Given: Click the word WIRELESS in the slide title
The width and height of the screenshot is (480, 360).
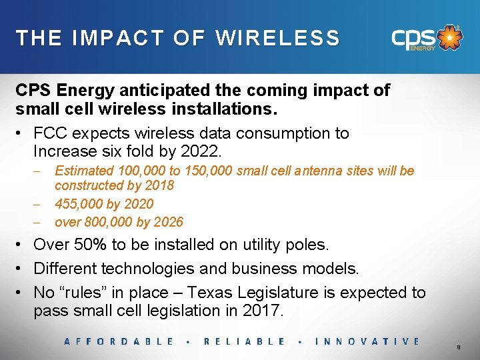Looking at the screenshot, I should (277, 38).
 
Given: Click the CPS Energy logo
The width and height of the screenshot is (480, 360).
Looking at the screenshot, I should (425, 38).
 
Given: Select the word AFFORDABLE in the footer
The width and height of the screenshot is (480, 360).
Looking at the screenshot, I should (119, 341).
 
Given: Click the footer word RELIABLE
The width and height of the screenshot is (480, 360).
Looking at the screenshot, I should (245, 341).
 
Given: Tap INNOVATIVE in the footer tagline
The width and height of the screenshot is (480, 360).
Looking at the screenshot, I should (367, 341).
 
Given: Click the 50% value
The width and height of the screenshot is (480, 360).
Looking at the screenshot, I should (90, 245).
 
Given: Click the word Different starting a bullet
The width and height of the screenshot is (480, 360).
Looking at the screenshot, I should (66, 269).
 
